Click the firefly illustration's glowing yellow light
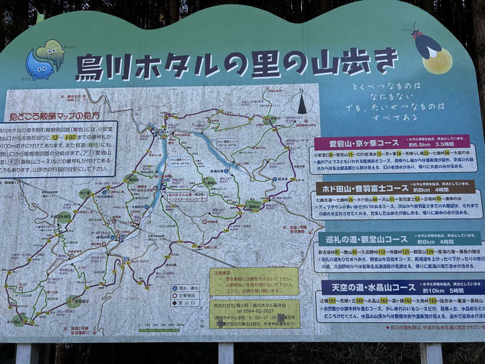pyautogui.click(x=438, y=61)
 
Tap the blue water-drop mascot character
pyautogui.click(x=39, y=66)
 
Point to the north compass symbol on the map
pyautogui.click(x=301, y=103)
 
